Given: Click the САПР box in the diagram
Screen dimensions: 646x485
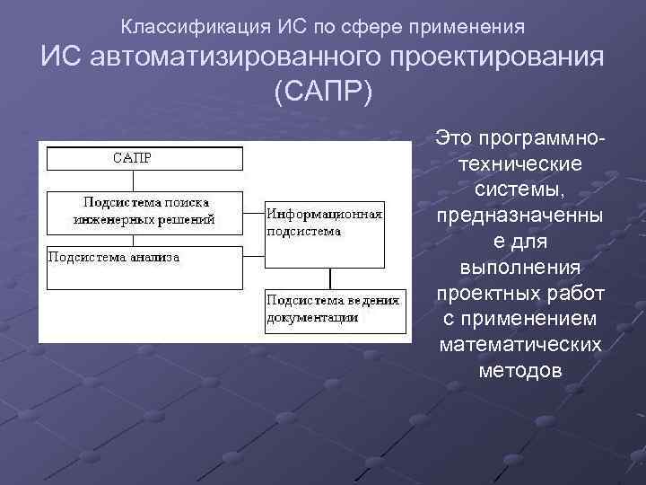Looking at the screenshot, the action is click(144, 159).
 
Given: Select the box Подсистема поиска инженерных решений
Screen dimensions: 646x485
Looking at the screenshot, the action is click(144, 210).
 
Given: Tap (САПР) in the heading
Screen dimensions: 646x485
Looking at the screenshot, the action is click(323, 93).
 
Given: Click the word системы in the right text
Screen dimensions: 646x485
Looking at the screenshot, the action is click(519, 191).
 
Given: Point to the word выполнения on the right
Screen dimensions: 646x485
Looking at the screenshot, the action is click(519, 269).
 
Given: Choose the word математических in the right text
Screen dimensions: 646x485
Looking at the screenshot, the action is click(519, 346).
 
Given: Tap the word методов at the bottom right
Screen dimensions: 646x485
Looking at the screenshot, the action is click(519, 371).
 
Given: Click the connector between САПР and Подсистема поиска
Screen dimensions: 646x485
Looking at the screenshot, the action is click(134, 180).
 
